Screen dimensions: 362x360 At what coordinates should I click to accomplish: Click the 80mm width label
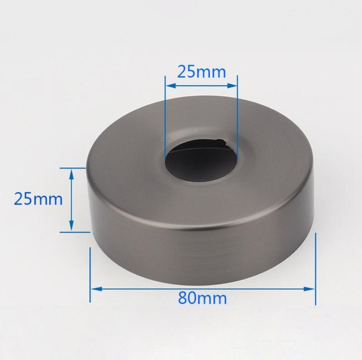click(x=202, y=298)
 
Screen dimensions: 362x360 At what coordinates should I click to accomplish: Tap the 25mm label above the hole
click(x=201, y=72)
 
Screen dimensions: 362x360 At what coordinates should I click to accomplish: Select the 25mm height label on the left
click(x=38, y=199)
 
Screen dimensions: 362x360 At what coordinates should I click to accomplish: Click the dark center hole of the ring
click(x=201, y=160)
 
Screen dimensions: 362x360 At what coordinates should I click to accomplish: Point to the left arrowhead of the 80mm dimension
click(x=97, y=289)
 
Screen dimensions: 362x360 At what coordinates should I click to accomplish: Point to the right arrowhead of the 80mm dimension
click(x=309, y=289)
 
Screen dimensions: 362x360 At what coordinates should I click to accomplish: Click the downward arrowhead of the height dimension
click(x=71, y=226)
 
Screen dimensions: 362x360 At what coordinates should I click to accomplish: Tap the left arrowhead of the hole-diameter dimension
click(x=171, y=85)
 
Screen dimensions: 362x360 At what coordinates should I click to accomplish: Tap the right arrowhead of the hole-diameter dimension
click(x=231, y=85)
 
